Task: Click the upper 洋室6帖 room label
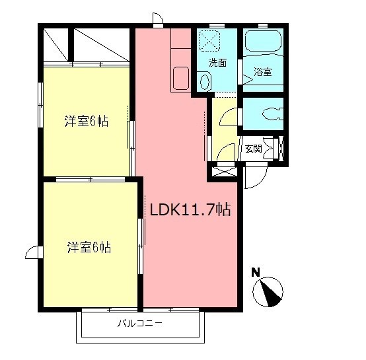pos(87,121)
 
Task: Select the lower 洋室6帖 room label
pos(88,248)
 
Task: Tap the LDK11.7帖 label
pos(190,211)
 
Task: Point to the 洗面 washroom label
pos(217,63)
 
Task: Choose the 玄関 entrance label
pos(253,148)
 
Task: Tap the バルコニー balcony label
pos(140,324)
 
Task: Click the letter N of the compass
pos(256,271)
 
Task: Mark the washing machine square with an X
pos(211,41)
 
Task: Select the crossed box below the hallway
pos(223,172)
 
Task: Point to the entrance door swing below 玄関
pos(254,174)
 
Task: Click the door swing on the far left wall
pos(33,252)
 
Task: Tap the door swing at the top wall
pos(157,18)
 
